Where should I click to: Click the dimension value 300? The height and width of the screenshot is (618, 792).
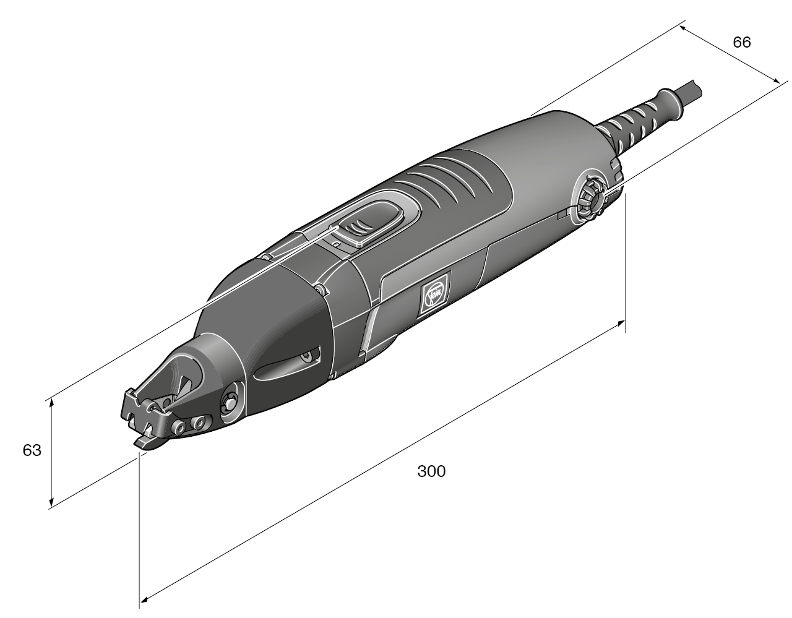431,471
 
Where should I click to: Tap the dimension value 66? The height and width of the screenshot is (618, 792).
741,42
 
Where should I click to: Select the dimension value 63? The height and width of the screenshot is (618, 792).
32,451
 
